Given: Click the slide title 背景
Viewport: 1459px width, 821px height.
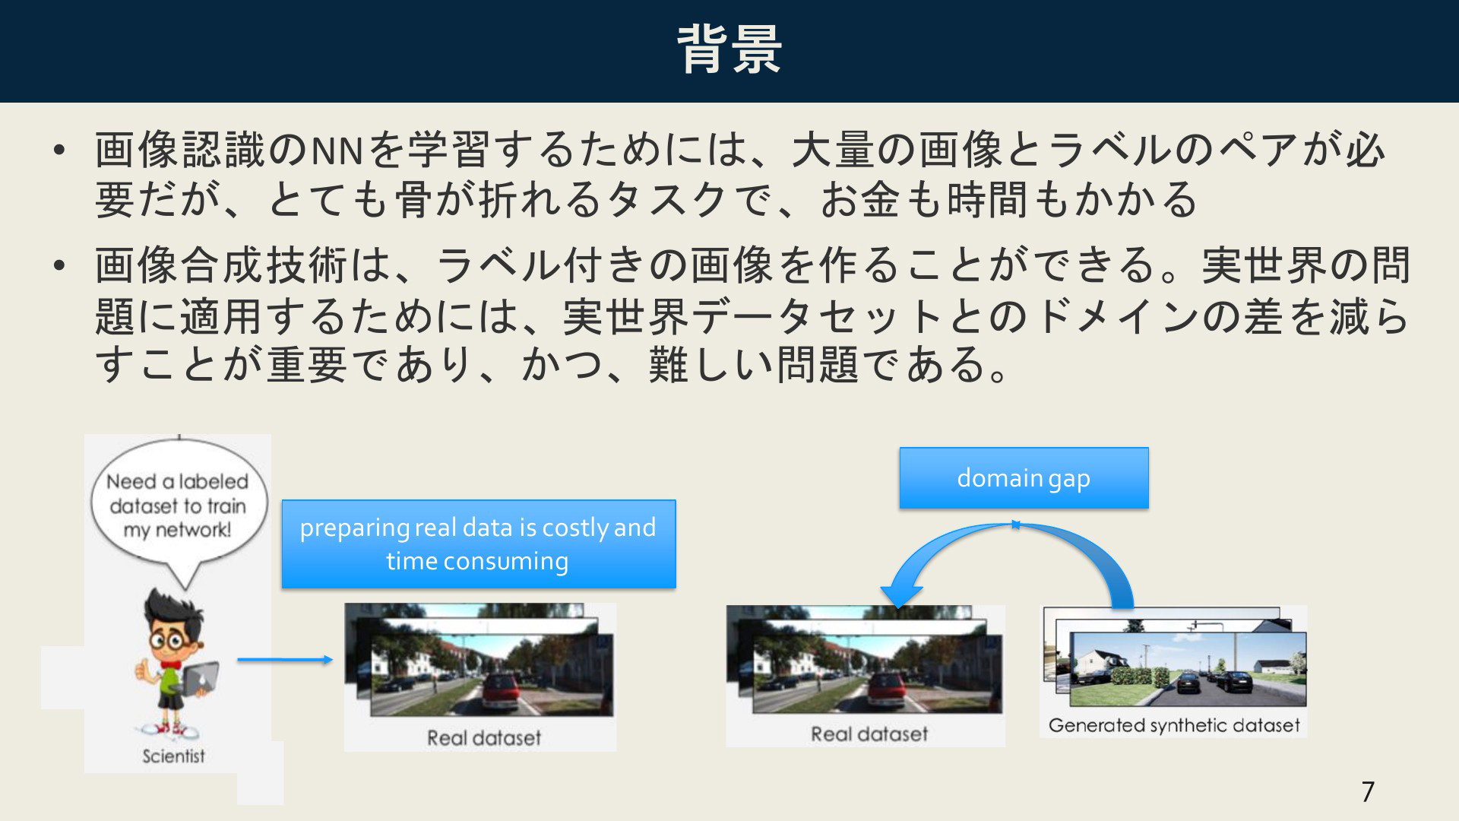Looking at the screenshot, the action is click(729, 50).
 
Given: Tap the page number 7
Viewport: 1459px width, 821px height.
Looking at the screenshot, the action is click(1368, 792).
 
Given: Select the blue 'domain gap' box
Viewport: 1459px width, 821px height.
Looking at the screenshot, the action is click(1024, 478).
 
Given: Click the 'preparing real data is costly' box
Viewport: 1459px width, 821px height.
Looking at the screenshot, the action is click(479, 544).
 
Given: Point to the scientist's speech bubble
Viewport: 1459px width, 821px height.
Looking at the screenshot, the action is click(179, 508).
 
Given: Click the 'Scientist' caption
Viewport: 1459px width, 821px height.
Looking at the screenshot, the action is click(174, 756).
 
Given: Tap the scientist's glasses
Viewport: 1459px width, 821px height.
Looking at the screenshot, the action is click(171, 639).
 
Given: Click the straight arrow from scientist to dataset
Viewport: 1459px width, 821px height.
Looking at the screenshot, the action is click(285, 660).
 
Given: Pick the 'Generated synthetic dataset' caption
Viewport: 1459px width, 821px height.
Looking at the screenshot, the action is click(1174, 725).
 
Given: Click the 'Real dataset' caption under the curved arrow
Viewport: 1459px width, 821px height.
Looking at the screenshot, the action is click(869, 734).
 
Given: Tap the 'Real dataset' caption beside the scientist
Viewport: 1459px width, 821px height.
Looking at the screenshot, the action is click(484, 737).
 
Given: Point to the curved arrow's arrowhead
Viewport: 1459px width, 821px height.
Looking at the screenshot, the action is click(900, 594).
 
